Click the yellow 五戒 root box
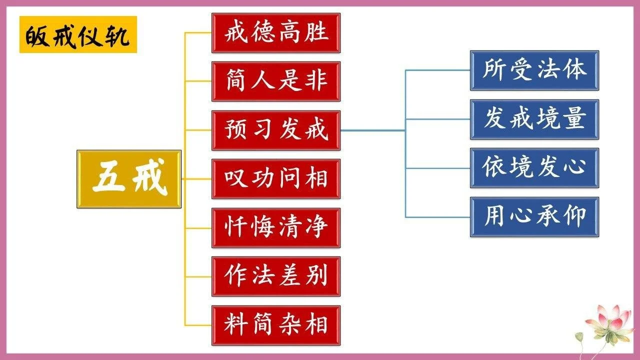click(x=129, y=179)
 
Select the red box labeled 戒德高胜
click(x=276, y=32)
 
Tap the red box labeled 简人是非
click(x=276, y=81)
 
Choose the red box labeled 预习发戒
click(x=276, y=130)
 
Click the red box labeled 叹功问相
click(x=276, y=179)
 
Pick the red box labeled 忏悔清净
click(x=276, y=227)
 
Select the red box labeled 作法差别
click(x=276, y=276)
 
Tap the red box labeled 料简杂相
click(x=276, y=325)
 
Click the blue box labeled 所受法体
click(x=534, y=70)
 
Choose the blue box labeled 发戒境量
click(x=534, y=119)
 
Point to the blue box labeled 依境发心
click(x=534, y=168)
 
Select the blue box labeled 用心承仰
click(x=534, y=216)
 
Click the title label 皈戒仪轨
click(x=78, y=34)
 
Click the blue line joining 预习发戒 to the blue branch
click(x=372, y=130)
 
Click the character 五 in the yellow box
click(x=109, y=179)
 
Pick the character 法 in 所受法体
click(x=548, y=70)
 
